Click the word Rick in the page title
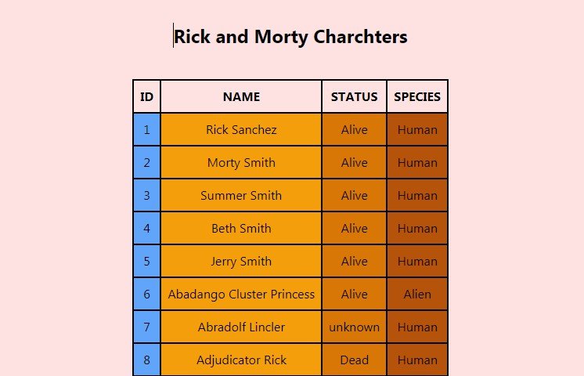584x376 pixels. [192, 37]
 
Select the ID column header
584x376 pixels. [146, 97]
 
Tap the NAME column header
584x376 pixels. [241, 97]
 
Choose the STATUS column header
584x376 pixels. [354, 97]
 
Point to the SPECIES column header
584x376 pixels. [417, 97]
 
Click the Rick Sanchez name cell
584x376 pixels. [241, 130]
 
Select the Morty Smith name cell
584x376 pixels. [241, 163]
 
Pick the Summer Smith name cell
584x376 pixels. [241, 196]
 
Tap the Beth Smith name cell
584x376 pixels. [241, 229]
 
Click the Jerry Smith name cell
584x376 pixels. [241, 262]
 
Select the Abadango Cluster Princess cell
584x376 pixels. [241, 295]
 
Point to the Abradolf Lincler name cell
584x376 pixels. [241, 327]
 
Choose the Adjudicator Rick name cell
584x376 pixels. [241, 360]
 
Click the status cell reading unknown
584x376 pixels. [354, 327]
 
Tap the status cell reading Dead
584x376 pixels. [354, 360]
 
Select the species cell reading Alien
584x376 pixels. [417, 295]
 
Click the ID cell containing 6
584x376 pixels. [146, 295]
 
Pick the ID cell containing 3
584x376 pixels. [146, 196]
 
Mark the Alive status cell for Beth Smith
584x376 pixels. [354, 229]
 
